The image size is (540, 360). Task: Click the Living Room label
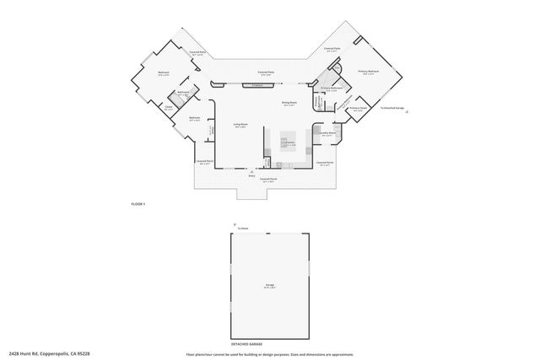240,125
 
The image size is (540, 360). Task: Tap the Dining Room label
288,104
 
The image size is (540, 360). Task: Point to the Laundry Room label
327,133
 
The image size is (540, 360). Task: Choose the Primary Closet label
358,109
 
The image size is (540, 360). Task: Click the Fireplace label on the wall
258,86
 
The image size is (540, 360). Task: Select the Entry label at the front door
251,176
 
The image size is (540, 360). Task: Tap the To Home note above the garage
243,228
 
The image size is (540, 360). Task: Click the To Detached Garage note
394,109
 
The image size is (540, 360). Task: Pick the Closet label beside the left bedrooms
168,108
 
